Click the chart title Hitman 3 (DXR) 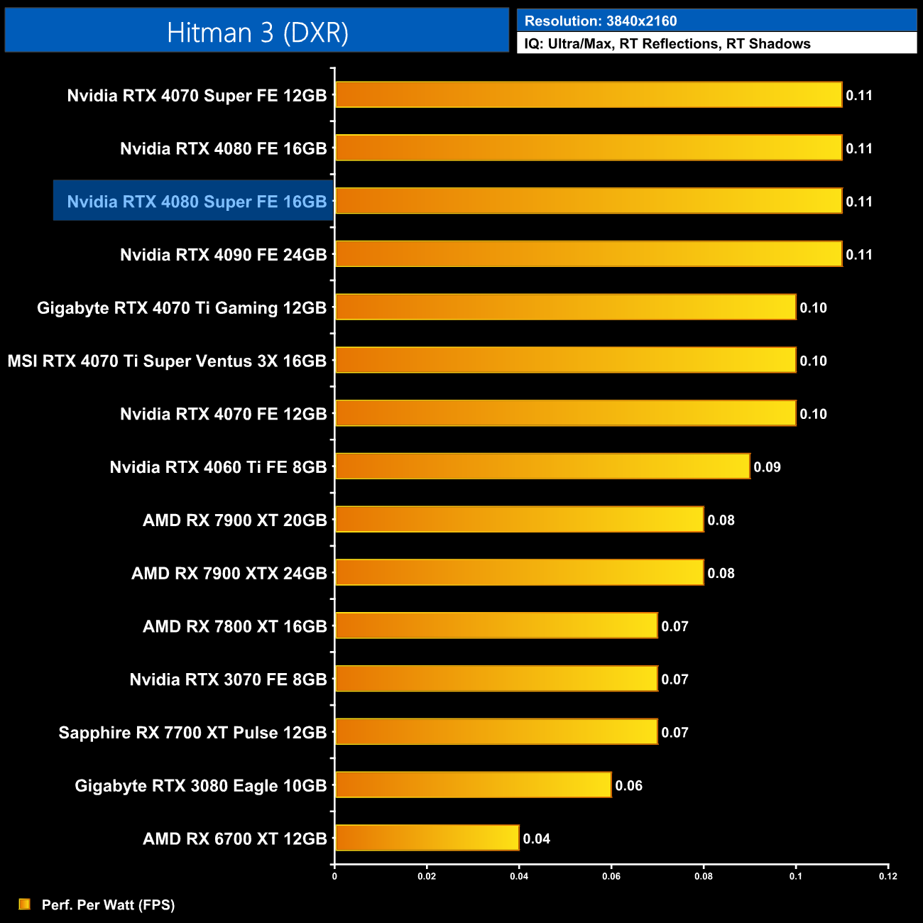point(257,33)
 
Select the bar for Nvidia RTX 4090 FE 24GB point(588,254)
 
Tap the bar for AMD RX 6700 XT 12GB point(427,838)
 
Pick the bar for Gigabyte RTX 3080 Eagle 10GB point(473,785)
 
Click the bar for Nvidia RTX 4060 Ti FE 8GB point(542,466)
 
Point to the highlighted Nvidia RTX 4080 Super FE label point(197,202)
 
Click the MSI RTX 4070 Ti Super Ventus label point(167,361)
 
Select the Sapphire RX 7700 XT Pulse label point(192,733)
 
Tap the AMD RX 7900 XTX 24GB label point(229,573)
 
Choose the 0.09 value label point(767,467)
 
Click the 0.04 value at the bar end point(536,839)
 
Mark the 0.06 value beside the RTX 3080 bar point(628,785)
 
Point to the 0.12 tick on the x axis point(887,876)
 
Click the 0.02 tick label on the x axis point(427,876)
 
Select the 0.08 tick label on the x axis point(703,876)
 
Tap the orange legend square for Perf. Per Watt point(25,904)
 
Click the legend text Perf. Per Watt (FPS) point(108,905)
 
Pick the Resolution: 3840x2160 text point(601,21)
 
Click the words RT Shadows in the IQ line point(768,43)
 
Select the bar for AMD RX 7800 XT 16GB point(496,626)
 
